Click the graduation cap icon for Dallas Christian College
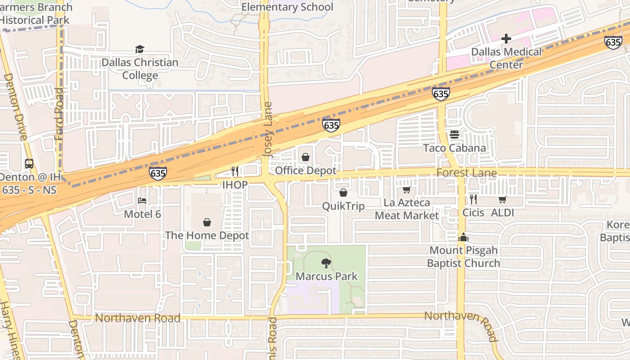[x=139, y=49]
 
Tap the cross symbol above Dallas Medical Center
[x=506, y=39]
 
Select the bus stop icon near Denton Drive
[x=29, y=164]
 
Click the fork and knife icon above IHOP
[x=234, y=171]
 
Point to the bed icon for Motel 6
[x=142, y=200]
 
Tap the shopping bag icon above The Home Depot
[x=207, y=222]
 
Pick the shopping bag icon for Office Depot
[x=306, y=157]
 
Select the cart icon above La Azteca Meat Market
[x=406, y=190]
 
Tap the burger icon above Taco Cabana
[x=454, y=135]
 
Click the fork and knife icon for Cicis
[x=473, y=199]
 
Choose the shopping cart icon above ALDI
[x=502, y=199]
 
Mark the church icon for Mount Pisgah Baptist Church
[x=463, y=237]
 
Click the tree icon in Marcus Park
[x=326, y=263]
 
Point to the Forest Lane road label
[x=467, y=173]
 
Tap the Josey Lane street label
[x=268, y=130]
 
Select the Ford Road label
[x=59, y=113]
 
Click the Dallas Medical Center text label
[x=506, y=58]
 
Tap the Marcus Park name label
[x=326, y=276]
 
